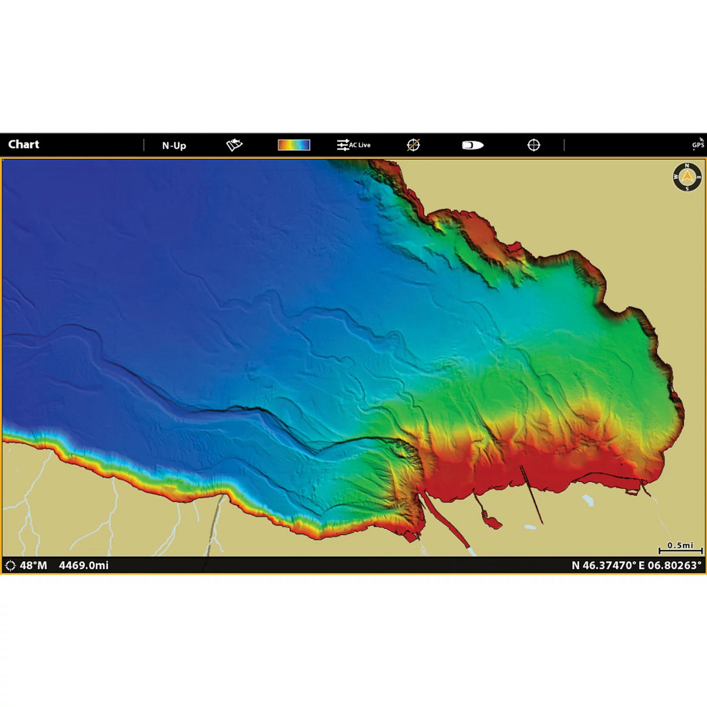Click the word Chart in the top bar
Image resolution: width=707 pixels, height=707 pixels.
(24, 145)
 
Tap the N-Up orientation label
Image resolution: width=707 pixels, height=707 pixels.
(174, 146)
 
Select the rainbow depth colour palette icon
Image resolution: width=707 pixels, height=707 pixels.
(294, 145)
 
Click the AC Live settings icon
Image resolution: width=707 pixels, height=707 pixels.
(353, 145)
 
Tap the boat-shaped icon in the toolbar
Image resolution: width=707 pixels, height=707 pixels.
(472, 145)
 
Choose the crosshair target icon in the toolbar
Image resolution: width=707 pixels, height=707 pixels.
(534, 145)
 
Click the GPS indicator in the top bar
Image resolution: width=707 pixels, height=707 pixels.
(698, 144)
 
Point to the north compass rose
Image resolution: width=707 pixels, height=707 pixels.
(687, 177)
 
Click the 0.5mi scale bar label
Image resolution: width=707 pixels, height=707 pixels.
(680, 546)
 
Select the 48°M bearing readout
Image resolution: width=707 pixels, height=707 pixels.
(33, 566)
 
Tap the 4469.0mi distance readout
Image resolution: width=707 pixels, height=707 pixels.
(84, 566)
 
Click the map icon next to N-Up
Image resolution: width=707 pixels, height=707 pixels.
(234, 145)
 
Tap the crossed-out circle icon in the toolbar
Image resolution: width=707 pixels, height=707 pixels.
(413, 145)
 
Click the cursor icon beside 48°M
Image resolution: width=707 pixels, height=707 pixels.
(10, 566)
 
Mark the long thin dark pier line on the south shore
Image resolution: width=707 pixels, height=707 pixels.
(531, 494)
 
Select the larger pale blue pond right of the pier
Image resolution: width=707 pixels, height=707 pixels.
(588, 500)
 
